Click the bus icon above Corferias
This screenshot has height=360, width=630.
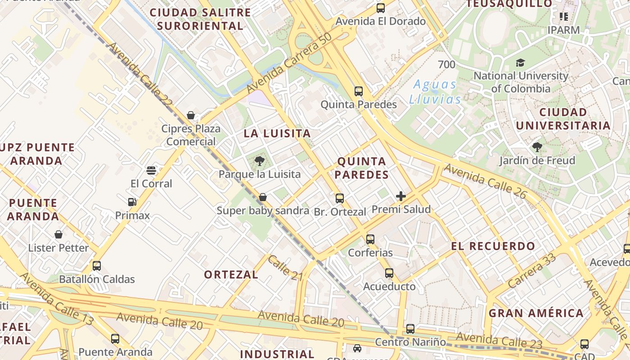point(370,239)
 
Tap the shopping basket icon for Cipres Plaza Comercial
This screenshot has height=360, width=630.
point(191,116)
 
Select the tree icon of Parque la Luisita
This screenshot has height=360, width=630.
point(259,161)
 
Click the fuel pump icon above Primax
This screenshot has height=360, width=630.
point(132,202)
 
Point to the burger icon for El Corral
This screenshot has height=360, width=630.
point(151,170)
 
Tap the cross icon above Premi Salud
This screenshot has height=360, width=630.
point(401,196)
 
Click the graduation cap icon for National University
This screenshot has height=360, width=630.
point(521,63)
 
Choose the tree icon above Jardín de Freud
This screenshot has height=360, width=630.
point(537,147)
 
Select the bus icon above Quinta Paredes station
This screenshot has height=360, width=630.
point(359,91)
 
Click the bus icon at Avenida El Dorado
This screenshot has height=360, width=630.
point(381,8)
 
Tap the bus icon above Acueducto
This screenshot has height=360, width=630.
point(389,273)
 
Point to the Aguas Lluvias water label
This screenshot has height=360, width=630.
point(435,92)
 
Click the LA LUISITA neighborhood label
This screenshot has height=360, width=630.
point(277,133)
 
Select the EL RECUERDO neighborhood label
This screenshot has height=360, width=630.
point(493,246)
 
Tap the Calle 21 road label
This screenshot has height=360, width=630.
point(285,268)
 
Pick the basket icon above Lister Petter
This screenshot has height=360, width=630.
point(58,234)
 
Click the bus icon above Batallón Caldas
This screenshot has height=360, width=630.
point(97,265)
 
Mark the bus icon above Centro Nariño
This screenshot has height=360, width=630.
point(410,329)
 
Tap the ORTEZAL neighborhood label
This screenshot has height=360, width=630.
point(231,274)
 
